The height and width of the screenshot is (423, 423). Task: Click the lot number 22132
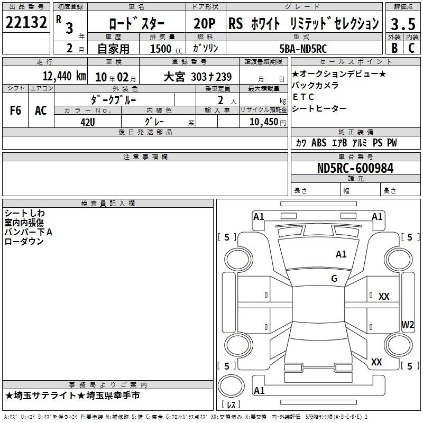(x=26, y=22)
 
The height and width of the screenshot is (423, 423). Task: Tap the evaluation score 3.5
(x=403, y=24)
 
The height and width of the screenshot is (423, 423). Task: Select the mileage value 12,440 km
(x=64, y=76)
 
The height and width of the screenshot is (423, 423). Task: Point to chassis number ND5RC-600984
(x=355, y=168)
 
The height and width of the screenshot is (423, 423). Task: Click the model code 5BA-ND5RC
(x=303, y=49)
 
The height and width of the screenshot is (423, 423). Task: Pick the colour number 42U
(x=88, y=122)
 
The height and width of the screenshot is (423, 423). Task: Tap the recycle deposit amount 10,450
(x=264, y=122)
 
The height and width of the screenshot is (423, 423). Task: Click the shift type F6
(x=15, y=111)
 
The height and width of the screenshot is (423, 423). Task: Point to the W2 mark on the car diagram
(x=408, y=324)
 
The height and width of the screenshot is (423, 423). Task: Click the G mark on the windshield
(x=334, y=278)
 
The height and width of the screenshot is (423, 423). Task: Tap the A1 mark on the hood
(x=341, y=254)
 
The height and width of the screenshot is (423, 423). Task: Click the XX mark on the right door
(x=384, y=297)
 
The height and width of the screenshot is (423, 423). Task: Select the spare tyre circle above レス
(x=231, y=386)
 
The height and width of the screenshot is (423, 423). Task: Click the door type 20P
(x=205, y=23)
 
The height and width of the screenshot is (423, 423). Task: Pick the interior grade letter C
(x=411, y=48)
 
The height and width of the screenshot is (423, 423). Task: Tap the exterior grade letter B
(x=394, y=48)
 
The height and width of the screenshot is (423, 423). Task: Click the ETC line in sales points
(x=304, y=97)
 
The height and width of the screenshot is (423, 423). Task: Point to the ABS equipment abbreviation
(x=319, y=143)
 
